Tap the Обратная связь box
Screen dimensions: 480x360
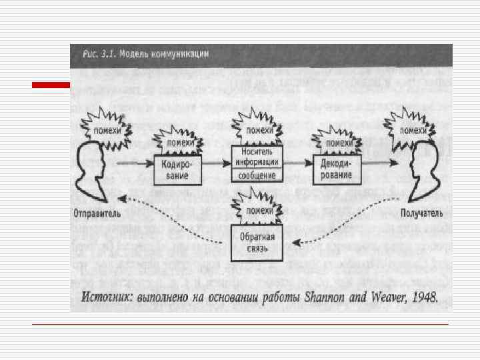pos(257,243)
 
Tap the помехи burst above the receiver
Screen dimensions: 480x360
pos(413,129)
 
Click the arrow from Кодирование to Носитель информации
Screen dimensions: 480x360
pos(215,163)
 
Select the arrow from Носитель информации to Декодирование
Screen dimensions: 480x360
pos(298,163)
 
